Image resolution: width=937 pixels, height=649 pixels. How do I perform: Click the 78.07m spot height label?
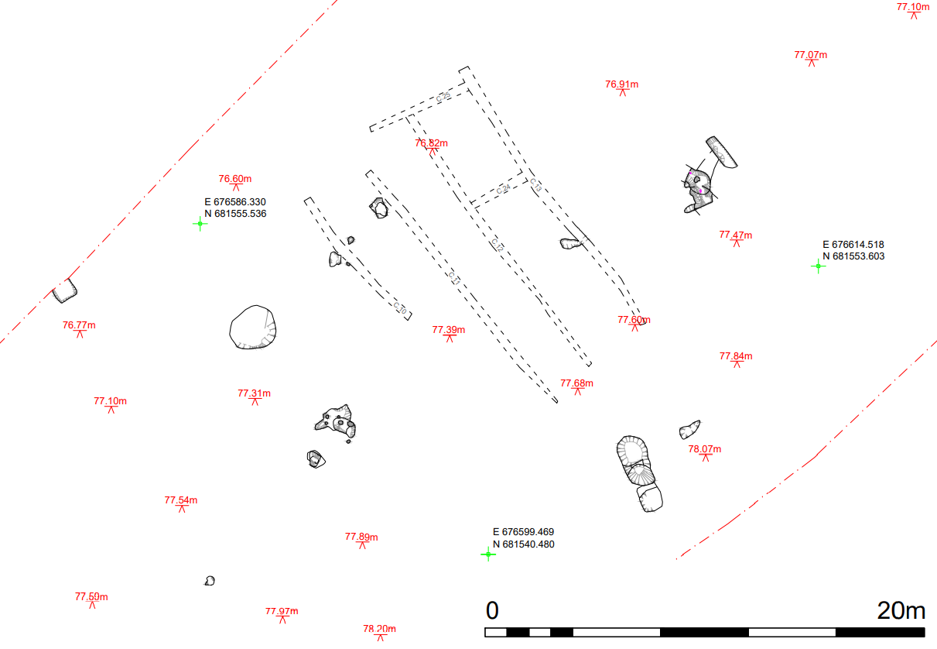(x=704, y=449)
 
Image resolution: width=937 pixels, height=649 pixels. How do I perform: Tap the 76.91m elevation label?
(x=621, y=84)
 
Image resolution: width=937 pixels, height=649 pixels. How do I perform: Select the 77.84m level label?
(x=735, y=356)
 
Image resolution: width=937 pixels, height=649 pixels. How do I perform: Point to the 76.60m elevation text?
(x=234, y=179)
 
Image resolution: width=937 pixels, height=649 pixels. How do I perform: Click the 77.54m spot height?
(x=180, y=500)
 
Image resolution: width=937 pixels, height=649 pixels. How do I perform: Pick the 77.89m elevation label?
(x=361, y=537)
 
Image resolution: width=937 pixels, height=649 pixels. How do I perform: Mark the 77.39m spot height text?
(x=448, y=330)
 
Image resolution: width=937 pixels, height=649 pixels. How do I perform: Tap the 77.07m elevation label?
(x=810, y=55)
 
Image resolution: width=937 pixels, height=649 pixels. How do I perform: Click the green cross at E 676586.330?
(x=200, y=224)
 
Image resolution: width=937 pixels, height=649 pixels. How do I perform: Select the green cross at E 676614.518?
(x=818, y=266)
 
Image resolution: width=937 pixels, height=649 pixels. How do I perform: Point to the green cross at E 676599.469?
(x=488, y=554)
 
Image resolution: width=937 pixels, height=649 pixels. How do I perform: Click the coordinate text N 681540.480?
(x=523, y=544)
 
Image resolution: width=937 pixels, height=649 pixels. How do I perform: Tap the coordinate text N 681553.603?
(x=853, y=256)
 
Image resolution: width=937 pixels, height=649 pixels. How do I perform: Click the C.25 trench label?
(x=443, y=97)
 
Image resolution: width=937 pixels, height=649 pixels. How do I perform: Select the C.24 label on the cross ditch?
(x=503, y=189)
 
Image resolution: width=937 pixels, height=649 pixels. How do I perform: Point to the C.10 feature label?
(x=400, y=307)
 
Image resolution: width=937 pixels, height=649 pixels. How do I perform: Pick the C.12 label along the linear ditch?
(x=497, y=246)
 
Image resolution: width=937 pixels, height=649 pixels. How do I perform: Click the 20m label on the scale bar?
(x=901, y=611)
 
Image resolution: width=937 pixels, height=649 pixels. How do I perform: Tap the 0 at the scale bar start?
(x=492, y=611)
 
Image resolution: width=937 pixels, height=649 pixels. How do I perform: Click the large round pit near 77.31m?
(x=253, y=328)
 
